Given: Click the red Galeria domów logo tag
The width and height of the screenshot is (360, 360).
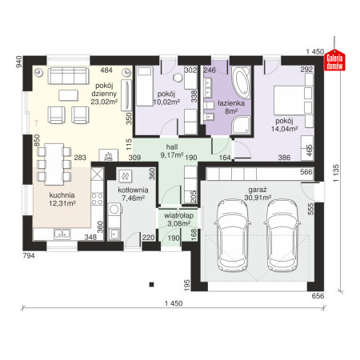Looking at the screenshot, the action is pyautogui.click(x=334, y=60).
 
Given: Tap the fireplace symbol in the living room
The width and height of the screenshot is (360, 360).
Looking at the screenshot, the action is pyautogui.click(x=108, y=155).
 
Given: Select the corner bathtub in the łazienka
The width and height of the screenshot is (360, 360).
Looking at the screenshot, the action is pyautogui.click(x=241, y=82).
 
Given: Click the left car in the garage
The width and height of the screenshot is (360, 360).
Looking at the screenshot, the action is pyautogui.click(x=232, y=235).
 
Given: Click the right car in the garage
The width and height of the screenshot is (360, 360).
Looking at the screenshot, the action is pyautogui.click(x=282, y=235).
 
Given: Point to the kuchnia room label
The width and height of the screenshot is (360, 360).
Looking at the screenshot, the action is pyautogui.click(x=62, y=195).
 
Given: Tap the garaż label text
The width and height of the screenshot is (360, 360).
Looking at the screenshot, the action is pyautogui.click(x=258, y=190).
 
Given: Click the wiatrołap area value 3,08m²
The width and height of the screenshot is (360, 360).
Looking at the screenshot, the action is pyautogui.click(x=178, y=223).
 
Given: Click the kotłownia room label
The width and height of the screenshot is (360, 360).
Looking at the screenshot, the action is pyautogui.click(x=133, y=190).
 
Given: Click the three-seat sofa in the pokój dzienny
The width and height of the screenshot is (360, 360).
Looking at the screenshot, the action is pyautogui.click(x=68, y=76).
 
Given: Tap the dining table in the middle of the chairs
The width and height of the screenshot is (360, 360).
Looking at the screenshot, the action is pyautogui.click(x=54, y=164).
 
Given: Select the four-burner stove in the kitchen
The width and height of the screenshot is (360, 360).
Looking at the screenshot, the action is pyautogui.click(x=98, y=198).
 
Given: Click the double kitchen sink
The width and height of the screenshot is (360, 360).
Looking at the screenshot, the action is pyautogui.click(x=62, y=234).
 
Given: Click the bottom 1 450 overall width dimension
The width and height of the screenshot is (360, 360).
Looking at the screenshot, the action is pyautogui.click(x=174, y=303).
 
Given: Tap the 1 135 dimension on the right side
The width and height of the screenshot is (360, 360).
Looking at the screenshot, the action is pyautogui.click(x=336, y=174).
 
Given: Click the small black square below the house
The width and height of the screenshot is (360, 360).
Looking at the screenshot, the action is pyautogui.click(x=151, y=285).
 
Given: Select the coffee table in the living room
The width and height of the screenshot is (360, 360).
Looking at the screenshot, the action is pyautogui.click(x=69, y=95).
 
